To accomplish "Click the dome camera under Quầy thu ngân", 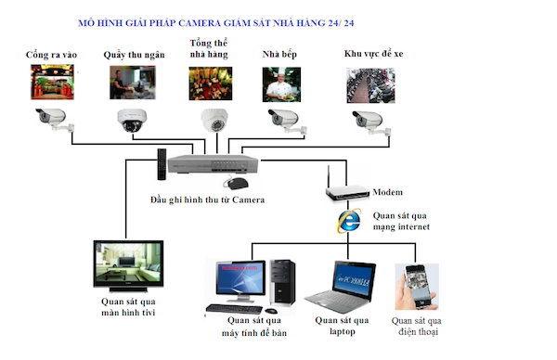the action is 132,121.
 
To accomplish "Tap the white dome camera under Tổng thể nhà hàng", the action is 214,121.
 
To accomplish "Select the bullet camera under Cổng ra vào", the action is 55,120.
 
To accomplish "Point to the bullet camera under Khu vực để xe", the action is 371,122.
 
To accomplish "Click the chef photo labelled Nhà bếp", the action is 281,84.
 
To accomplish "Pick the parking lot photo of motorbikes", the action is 370,85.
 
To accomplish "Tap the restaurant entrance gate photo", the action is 52,82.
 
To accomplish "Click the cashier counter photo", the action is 133,83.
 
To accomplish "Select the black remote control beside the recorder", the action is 162,164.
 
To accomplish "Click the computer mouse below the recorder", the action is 237,183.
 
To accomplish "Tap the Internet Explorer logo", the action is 349,221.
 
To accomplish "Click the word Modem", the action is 387,192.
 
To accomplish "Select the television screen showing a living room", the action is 128,264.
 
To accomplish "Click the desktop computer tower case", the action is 282,282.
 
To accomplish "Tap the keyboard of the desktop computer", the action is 235,309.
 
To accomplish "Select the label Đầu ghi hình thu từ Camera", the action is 207,199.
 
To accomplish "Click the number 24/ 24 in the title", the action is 341,23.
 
